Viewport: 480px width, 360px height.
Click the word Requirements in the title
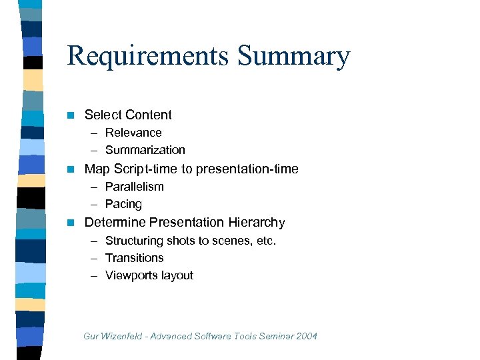coord(147,57)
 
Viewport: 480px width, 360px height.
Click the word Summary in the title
coord(293,57)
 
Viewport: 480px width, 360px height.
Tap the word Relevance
coord(133,133)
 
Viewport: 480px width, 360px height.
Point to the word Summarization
coord(145,150)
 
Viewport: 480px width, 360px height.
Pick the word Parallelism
coord(134,187)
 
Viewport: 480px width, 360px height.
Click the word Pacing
coord(123,204)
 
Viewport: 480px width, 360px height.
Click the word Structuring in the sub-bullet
coord(132,241)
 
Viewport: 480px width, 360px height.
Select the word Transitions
coord(134,258)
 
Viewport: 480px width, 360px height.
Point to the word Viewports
coord(131,275)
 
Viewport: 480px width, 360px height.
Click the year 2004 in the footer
coord(305,336)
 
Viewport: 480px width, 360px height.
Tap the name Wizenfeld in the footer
coord(122,336)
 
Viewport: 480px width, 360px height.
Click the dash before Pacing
coord(96,204)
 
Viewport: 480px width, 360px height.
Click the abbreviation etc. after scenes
coord(266,241)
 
